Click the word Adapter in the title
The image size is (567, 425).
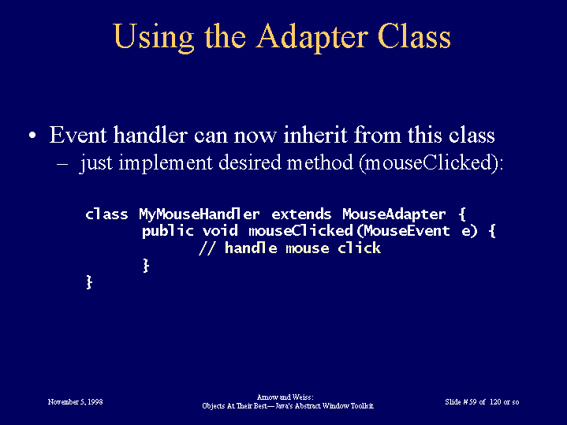point(312,38)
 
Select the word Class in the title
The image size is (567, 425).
point(414,36)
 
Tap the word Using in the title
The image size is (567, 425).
point(154,38)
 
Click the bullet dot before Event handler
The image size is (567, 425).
point(32,136)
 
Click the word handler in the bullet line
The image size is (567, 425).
point(150,135)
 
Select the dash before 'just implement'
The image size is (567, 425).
point(62,163)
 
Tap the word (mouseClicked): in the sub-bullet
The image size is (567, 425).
point(431,162)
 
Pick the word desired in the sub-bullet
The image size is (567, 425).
point(250,162)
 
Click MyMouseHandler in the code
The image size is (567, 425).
point(200,214)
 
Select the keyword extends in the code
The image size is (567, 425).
point(301,214)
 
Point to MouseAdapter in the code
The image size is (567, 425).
point(394,214)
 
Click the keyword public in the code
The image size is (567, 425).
point(168,232)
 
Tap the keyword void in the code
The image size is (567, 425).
point(220,231)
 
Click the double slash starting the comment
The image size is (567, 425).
point(206,248)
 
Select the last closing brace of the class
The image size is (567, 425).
point(89,281)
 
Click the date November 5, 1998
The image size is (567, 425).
point(75,402)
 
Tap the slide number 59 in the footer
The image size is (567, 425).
point(472,402)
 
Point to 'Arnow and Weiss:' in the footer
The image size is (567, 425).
point(285,397)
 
